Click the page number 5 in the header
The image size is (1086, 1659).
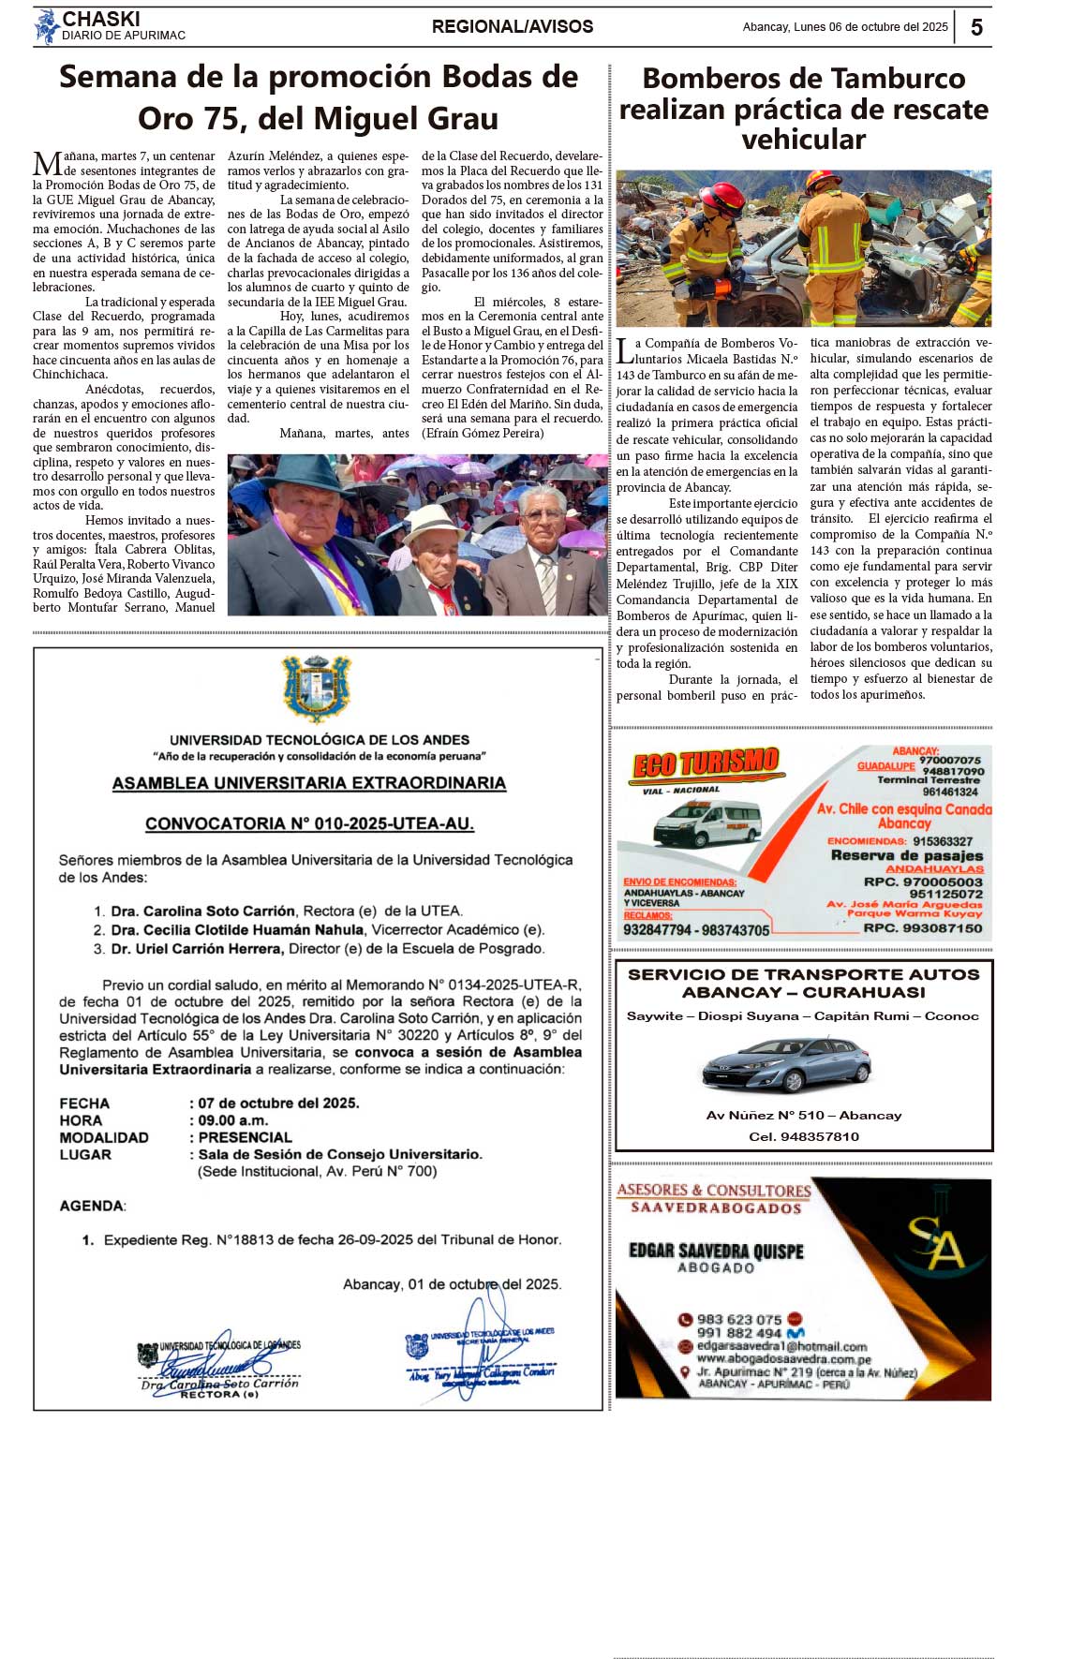coord(976,27)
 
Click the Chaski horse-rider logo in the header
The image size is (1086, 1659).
coord(46,27)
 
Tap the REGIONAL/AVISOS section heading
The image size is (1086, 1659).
coord(512,27)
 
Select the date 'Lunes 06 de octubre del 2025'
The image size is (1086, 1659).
coord(870,27)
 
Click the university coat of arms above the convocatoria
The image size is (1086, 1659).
coord(317,689)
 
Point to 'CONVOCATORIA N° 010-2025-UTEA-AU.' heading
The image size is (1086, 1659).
coord(309,823)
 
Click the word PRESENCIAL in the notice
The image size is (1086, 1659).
coord(245,1137)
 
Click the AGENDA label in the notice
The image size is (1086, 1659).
coord(92,1206)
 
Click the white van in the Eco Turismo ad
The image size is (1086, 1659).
coord(707,823)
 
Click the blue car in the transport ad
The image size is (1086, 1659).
coord(786,1065)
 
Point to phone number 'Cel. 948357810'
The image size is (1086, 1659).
coord(804,1136)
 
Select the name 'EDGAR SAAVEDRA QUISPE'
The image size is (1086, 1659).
coord(716,1251)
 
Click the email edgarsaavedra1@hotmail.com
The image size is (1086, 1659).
coord(781,1346)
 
